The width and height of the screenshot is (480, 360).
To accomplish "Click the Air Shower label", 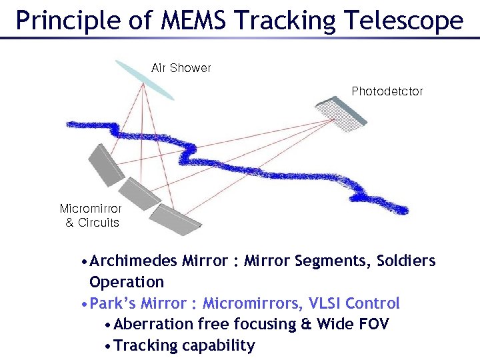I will pos(181,68).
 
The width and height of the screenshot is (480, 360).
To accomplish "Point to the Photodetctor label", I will pos(387,91).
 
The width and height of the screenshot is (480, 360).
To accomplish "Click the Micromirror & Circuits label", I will pos(91,215).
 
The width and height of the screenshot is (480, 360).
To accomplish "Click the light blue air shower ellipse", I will pos(143,79).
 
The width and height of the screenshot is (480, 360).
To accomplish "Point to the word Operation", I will pos(126,282).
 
